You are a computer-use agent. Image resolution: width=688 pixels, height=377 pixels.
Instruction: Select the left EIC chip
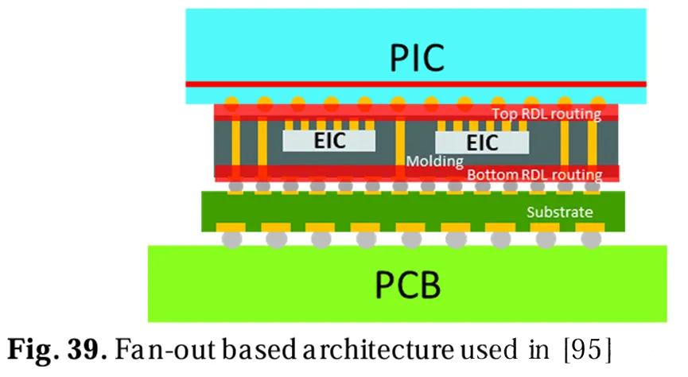click(328, 142)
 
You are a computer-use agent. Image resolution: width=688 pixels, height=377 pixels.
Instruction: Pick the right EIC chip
click(482, 142)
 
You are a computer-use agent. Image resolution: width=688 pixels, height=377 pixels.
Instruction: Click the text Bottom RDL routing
click(534, 174)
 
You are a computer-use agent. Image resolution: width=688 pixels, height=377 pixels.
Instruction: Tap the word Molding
click(435, 161)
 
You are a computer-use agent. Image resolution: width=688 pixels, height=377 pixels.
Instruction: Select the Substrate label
click(560, 212)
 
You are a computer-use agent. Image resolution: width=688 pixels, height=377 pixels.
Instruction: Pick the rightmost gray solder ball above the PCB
click(589, 238)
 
